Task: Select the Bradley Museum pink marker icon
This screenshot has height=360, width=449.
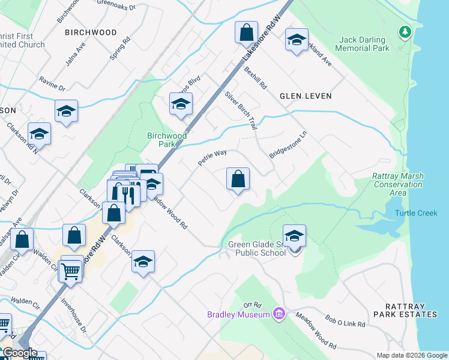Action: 279,314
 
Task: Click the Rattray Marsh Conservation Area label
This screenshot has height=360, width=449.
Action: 397,184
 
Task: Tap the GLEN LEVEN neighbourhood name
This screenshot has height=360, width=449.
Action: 305,96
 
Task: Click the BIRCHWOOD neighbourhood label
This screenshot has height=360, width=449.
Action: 91,32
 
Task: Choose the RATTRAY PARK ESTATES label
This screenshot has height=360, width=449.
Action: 405,314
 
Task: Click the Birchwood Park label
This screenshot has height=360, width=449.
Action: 166,140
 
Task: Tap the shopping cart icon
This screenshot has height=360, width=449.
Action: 71,271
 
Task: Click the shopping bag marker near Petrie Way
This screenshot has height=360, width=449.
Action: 238,179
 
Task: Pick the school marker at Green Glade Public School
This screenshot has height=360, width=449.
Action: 294,236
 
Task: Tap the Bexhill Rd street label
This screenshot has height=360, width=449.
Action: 255,78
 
